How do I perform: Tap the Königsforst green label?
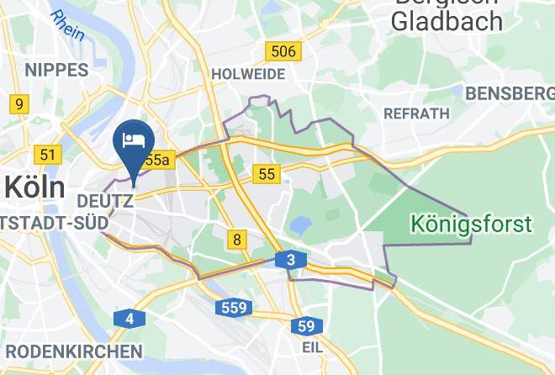pyautogui.click(x=471, y=224)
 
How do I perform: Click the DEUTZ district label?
pyautogui.click(x=104, y=202)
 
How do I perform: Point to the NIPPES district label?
pyautogui.click(x=56, y=70)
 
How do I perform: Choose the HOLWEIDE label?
pyautogui.click(x=248, y=74)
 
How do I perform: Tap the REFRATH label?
pyautogui.click(x=416, y=113)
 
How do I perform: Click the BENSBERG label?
pyautogui.click(x=510, y=92)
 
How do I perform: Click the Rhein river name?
pyautogui.click(x=67, y=25)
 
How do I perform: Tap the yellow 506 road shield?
pyautogui.click(x=283, y=52)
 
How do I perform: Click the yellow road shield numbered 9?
pyautogui.click(x=18, y=104)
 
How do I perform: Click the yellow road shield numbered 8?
pyautogui.click(x=237, y=240)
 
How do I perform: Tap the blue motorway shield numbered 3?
pyautogui.click(x=290, y=261)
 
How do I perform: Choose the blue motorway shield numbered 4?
pyautogui.click(x=129, y=318)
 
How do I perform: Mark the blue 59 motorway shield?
pyautogui.click(x=307, y=325)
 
